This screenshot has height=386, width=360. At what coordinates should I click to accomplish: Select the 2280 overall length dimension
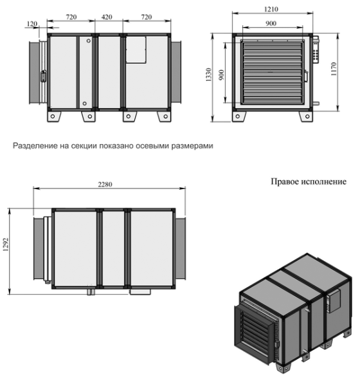[107, 185]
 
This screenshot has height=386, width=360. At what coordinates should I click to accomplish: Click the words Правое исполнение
[308, 182]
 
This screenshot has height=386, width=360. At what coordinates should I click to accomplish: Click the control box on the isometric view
[333, 297]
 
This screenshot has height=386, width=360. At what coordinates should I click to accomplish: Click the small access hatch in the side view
[136, 49]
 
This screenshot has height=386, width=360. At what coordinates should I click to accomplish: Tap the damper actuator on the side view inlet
[43, 75]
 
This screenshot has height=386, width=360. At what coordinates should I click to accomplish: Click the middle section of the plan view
[113, 248]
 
